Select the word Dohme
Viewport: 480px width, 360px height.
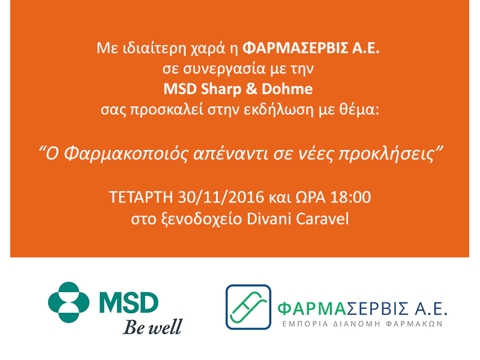click(287, 89)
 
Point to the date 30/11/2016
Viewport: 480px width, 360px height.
click(221, 197)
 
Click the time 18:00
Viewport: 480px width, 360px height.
click(350, 197)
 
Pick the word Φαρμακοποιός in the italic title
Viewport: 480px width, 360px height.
click(126, 154)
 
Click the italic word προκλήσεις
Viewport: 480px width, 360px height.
click(386, 154)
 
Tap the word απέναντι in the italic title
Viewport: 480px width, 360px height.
click(231, 154)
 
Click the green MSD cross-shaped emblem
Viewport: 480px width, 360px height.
click(69, 302)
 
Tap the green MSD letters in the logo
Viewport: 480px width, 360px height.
click(129, 302)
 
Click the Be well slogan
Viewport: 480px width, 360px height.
click(153, 326)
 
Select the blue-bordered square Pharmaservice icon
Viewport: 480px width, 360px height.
click(248, 307)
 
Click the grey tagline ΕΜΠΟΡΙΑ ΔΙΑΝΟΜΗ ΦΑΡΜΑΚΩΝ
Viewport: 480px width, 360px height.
click(362, 324)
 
